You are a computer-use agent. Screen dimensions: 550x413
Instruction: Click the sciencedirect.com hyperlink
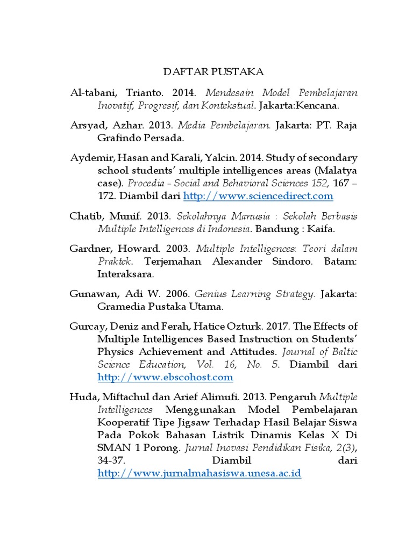click(258, 196)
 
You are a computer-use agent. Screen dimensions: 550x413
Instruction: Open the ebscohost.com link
click(165, 377)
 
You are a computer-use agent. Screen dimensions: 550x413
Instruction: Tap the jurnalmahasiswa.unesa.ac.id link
click(199, 474)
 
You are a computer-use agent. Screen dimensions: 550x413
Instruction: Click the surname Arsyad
click(86, 126)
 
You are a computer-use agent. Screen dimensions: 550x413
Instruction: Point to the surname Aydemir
click(89, 158)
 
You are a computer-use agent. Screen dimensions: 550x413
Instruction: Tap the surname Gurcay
click(86, 327)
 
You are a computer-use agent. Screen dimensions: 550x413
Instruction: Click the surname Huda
click(82, 397)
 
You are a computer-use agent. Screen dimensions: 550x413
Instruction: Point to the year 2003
click(176, 249)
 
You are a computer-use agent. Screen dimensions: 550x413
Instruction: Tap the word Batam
click(339, 262)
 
